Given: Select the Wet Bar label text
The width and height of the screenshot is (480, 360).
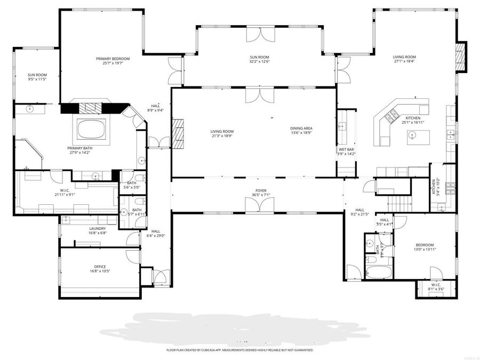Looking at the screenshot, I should pos(347,150).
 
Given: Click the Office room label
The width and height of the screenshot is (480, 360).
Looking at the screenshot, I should pos(100,267).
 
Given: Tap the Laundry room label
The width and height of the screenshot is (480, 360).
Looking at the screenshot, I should pos(98,229).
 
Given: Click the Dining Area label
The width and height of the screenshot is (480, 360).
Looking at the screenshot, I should pos(301,129).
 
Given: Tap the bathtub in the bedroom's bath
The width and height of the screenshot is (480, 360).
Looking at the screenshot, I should pos(379,272).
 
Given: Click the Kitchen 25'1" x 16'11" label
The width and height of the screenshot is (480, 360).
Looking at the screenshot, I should pos(413,119).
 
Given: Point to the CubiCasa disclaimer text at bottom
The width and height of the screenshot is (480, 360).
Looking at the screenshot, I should pos(239,350).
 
